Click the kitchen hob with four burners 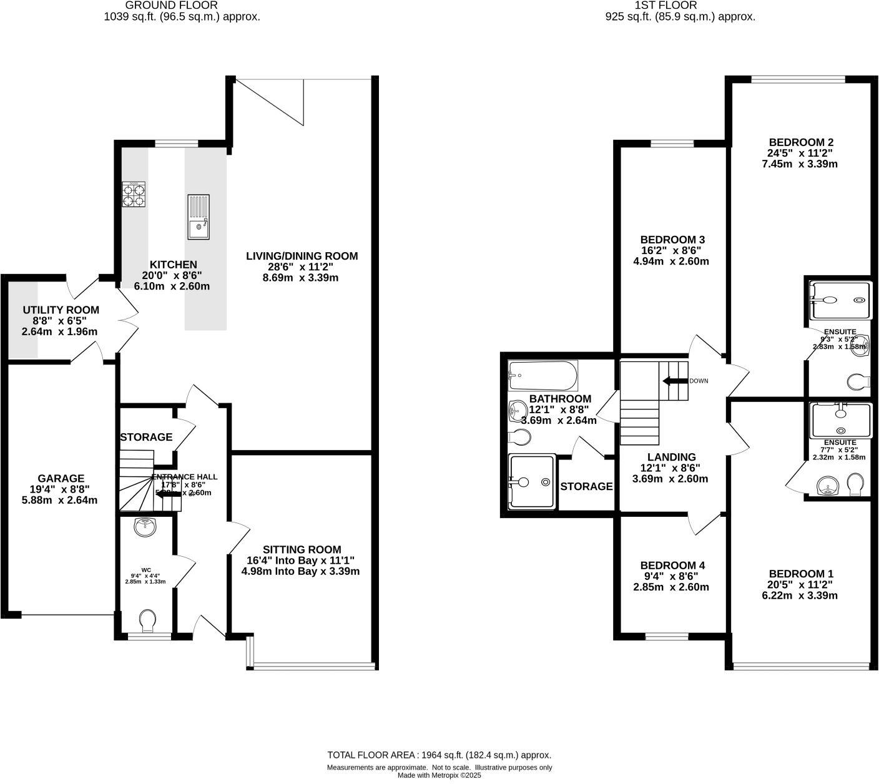click(135, 194)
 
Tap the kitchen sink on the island click(199, 217)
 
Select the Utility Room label click(61, 310)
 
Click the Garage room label click(61, 479)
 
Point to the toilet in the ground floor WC click(148, 620)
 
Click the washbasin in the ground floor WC click(145, 527)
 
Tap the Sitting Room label click(302, 549)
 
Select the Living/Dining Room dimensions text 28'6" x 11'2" click(302, 267)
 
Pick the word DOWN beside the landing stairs click(699, 381)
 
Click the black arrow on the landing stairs click(674, 381)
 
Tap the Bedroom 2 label click(801, 142)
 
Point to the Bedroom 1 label click(801, 574)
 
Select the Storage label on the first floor click(586, 486)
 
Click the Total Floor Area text click(439, 755)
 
